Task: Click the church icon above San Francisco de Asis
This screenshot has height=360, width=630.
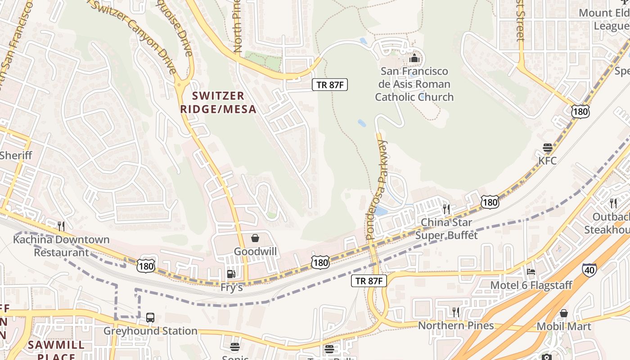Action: [x=414, y=58]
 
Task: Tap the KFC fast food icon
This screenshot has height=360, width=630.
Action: [x=548, y=148]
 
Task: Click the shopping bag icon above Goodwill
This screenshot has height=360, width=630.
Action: [x=255, y=238]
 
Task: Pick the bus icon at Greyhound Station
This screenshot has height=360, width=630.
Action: [x=150, y=318]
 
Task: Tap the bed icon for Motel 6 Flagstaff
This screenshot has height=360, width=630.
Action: [x=531, y=272]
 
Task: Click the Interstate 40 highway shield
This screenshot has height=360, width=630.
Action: [x=589, y=270]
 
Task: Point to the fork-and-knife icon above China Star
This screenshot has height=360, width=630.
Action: [x=446, y=209]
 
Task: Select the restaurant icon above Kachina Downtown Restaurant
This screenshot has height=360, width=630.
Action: [x=61, y=226]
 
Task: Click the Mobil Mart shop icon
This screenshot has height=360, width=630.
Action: [x=563, y=313]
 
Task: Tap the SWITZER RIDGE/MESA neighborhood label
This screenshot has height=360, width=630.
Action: [x=218, y=102]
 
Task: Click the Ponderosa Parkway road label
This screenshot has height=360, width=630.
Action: [x=377, y=189]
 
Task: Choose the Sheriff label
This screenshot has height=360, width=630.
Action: [x=16, y=156]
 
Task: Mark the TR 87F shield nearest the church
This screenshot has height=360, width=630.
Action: [x=330, y=84]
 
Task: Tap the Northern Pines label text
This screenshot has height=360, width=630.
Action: [x=456, y=325]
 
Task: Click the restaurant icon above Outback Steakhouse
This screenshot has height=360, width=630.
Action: [x=612, y=203]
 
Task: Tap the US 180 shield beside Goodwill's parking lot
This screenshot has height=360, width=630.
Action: [x=319, y=262]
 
